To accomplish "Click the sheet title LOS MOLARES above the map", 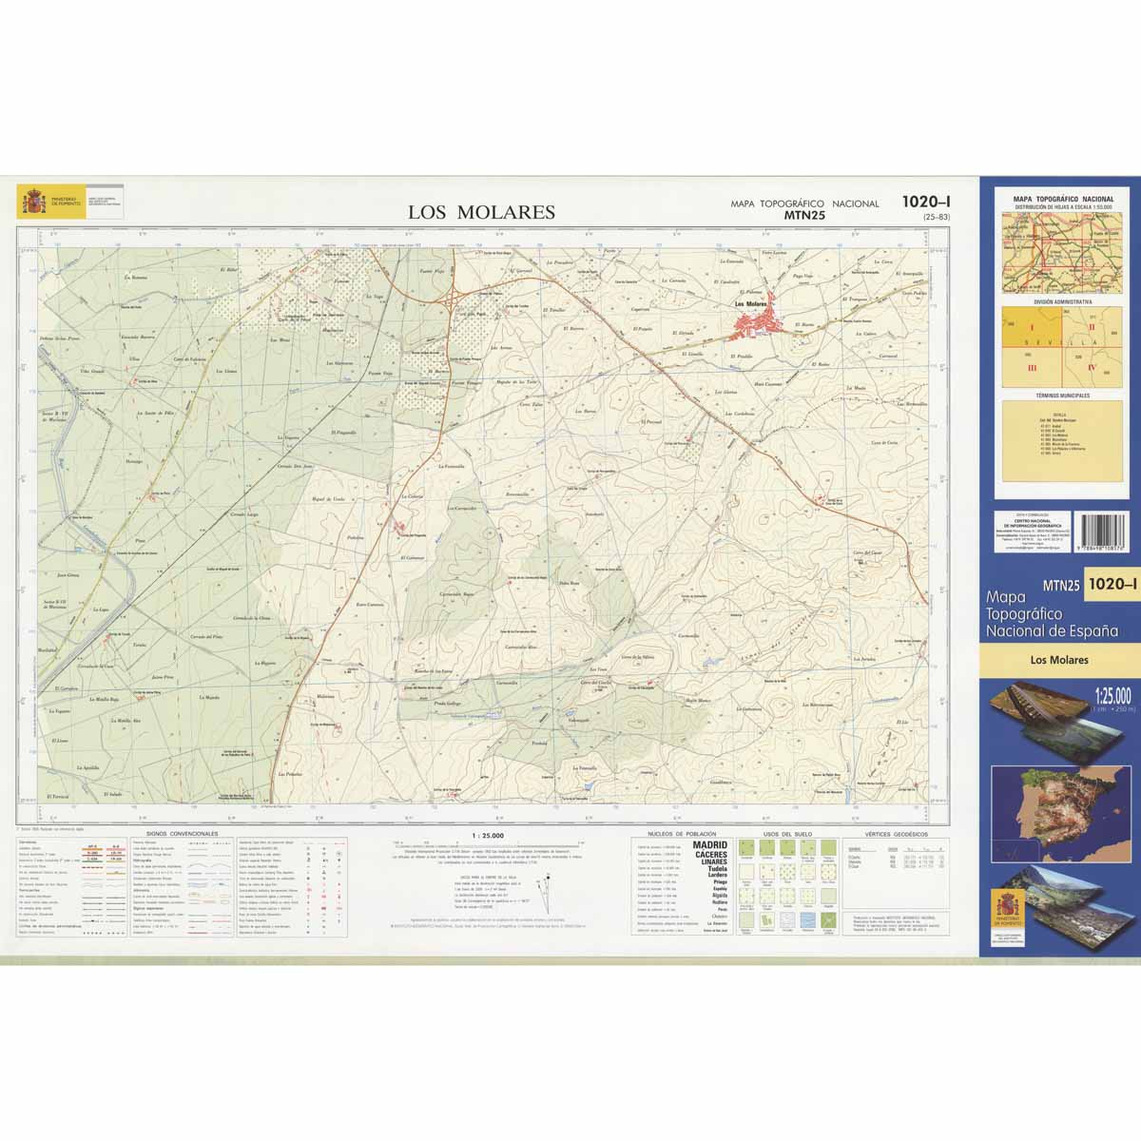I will coord(481,212).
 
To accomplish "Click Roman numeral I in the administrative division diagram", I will coord(1030,326).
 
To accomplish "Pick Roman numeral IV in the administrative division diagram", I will coord(1092,366).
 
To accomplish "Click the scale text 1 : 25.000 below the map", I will coord(487,836).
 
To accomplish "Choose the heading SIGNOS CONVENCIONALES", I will coord(176,834).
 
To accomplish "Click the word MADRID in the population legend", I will coord(709,844).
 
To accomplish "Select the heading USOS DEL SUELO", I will coord(788,834).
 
